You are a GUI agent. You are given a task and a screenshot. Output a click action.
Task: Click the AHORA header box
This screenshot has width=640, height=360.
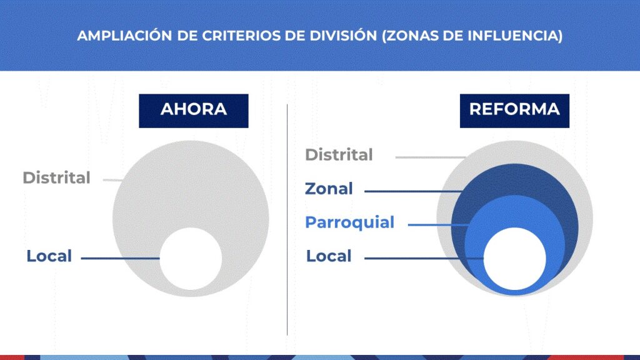194,111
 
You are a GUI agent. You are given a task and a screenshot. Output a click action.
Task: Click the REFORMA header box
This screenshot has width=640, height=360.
514,111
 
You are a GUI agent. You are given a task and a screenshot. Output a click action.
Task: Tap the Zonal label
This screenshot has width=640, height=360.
329,189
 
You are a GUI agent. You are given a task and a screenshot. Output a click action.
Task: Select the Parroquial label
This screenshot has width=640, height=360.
350,223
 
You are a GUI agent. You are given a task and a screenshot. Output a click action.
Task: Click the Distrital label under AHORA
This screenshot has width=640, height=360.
56,178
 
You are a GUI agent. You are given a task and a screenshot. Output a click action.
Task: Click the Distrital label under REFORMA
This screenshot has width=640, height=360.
339,155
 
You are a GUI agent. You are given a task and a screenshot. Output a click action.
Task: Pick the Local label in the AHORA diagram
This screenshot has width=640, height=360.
49,256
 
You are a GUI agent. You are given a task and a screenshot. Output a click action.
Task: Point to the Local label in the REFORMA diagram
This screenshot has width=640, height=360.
329,256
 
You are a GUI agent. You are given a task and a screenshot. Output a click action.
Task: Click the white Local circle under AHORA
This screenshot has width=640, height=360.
191,259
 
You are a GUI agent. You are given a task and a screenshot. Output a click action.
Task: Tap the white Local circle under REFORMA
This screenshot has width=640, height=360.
515,259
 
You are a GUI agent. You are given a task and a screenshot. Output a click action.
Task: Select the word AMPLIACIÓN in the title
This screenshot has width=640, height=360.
124,36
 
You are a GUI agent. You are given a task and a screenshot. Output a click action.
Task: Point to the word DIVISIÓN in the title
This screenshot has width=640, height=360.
343,36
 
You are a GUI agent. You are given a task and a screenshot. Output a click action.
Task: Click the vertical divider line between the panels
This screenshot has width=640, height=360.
287,219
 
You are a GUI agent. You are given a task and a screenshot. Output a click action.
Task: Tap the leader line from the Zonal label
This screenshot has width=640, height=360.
414,191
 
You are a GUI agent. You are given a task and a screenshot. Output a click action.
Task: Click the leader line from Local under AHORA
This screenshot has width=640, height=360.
121,258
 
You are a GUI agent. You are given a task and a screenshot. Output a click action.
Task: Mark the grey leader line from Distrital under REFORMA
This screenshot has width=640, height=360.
431,157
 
